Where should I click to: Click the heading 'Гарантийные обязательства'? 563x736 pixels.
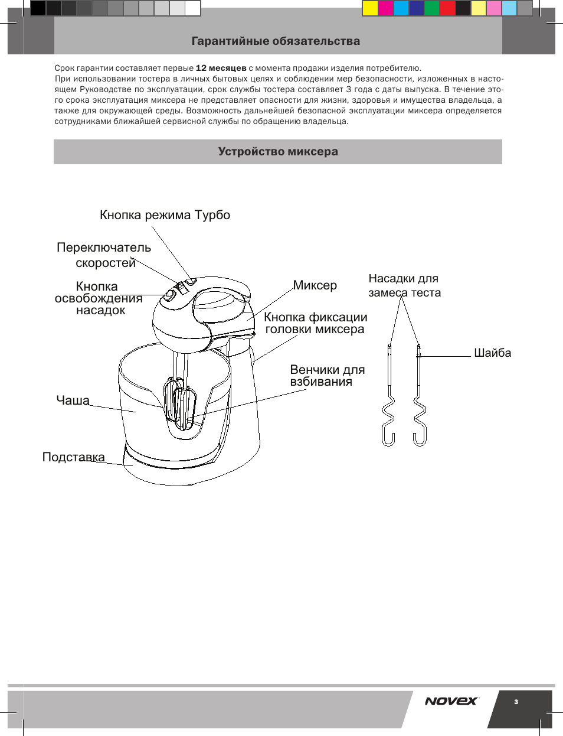pyautogui.click(x=276, y=41)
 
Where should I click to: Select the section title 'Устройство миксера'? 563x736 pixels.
pyautogui.click(x=278, y=151)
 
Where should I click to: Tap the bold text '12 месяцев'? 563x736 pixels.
pyautogui.click(x=221, y=68)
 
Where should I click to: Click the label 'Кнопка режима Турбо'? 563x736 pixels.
pyautogui.click(x=165, y=215)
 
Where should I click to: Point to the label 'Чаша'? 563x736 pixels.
pyautogui.click(x=73, y=400)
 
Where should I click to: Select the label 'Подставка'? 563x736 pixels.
pyautogui.click(x=73, y=457)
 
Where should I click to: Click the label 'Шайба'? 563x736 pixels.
pyautogui.click(x=492, y=353)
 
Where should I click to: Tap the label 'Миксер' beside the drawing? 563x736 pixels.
pyautogui.click(x=315, y=285)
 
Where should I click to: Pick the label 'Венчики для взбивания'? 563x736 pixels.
pyautogui.click(x=328, y=376)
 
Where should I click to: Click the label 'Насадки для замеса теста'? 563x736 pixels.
pyautogui.click(x=405, y=285)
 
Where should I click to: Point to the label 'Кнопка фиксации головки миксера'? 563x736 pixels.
pyautogui.click(x=315, y=323)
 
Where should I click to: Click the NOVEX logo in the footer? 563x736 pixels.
pyautogui.click(x=451, y=701)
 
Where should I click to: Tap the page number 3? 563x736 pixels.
pyautogui.click(x=516, y=702)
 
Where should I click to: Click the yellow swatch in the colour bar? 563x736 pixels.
pyautogui.click(x=370, y=8)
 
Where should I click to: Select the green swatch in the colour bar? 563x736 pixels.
pyautogui.click(x=432, y=8)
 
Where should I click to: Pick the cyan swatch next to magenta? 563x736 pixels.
pyautogui.click(x=401, y=8)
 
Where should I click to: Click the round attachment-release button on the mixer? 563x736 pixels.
pyautogui.click(x=169, y=296)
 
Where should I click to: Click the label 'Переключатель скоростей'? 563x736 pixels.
pyautogui.click(x=104, y=255)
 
